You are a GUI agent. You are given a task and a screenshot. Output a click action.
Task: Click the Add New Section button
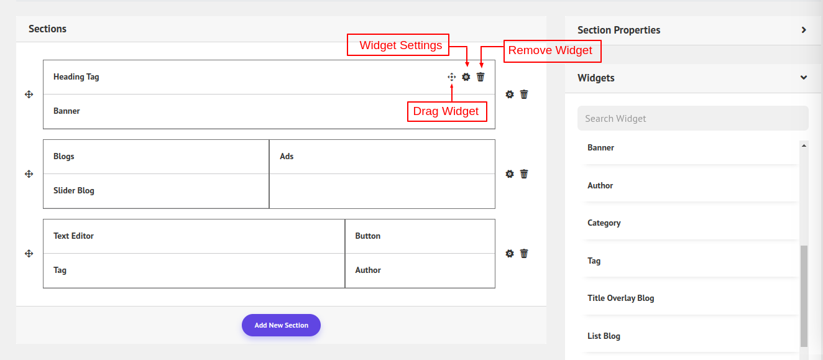pos(281,325)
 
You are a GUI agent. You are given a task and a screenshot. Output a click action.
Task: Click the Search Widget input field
pos(693,118)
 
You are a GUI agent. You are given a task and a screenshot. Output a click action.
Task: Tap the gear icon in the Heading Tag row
pos(466,76)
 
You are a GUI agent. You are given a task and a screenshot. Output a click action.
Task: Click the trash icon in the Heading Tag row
pos(480,76)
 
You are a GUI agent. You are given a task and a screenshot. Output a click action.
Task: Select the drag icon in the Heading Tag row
pos(451,76)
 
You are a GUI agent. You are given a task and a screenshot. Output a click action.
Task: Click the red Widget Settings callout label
pos(398,45)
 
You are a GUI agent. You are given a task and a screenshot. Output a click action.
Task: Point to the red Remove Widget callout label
pos(552,51)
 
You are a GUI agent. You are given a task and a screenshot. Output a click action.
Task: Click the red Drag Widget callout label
pos(447,111)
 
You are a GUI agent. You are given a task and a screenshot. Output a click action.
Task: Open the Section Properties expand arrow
pos(804,30)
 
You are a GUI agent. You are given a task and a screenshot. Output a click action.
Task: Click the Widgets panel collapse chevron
pos(804,78)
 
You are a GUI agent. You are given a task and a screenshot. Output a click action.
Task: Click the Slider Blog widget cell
pos(156,191)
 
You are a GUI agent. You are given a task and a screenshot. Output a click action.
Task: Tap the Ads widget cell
pos(382,157)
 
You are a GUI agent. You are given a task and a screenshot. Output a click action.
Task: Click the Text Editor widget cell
pos(194,236)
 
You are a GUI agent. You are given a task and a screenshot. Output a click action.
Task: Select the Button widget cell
pos(420,236)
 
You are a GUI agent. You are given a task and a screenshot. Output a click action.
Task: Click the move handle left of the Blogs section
pos(29,173)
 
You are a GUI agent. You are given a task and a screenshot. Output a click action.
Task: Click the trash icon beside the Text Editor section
pos(524,254)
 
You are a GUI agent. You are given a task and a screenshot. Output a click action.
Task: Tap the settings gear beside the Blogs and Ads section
pos(510,173)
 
